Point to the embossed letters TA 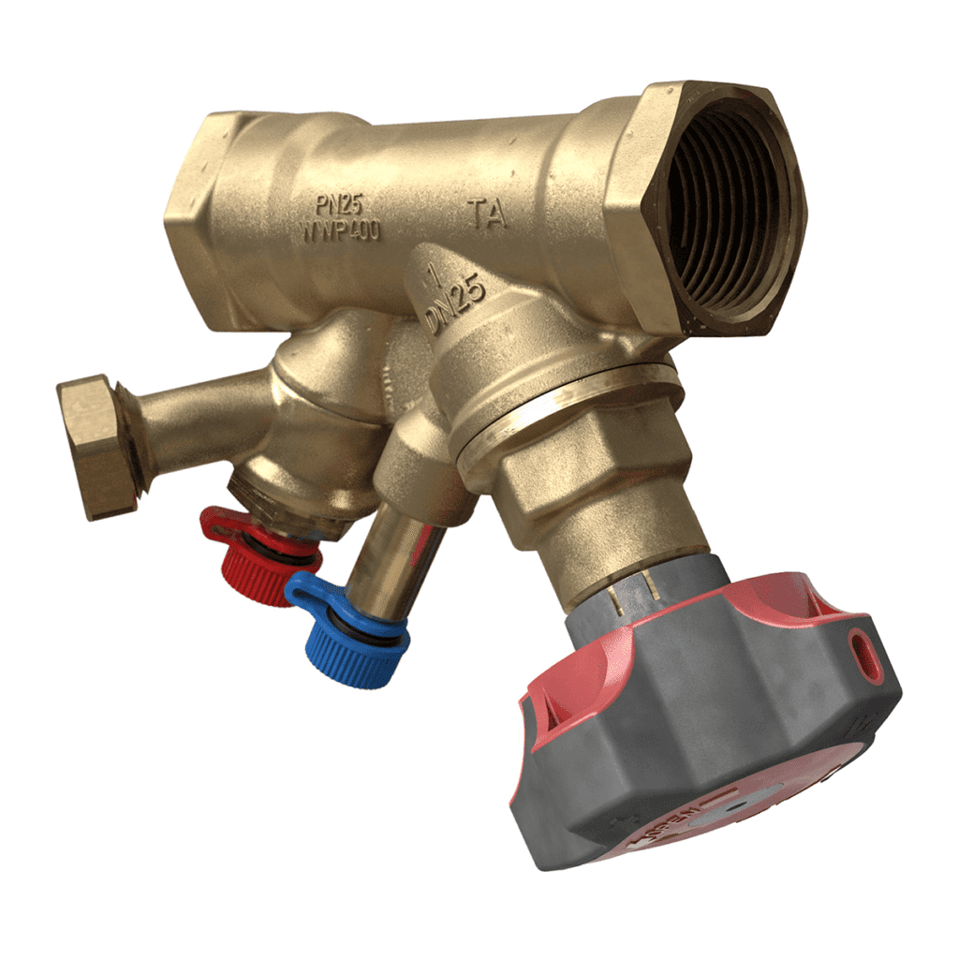tap(487, 214)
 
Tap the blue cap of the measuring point tap(356, 646)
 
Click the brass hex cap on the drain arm tap(94, 446)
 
